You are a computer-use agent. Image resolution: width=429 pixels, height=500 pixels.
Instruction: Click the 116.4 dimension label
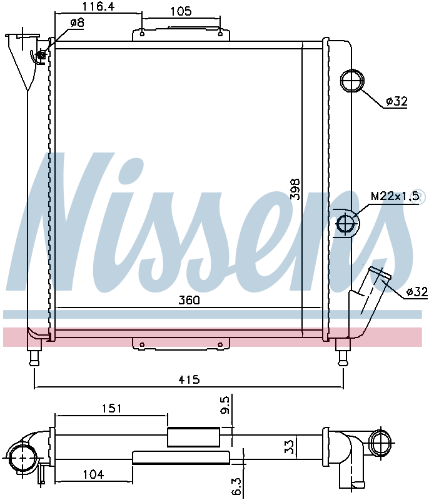click(98, 6)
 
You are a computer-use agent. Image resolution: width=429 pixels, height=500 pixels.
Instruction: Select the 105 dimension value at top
click(181, 11)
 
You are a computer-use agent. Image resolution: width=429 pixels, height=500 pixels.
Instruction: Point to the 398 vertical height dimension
click(295, 189)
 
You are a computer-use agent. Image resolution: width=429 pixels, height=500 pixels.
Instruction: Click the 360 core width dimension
click(189, 300)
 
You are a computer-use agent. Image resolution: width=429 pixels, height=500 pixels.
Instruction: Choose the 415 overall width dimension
click(189, 379)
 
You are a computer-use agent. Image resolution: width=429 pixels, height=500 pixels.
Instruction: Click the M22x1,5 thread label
click(395, 196)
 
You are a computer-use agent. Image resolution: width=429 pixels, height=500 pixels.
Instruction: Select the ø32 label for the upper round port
click(396, 101)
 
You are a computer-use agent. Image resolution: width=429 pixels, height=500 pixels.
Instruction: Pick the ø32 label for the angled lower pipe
click(417, 291)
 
